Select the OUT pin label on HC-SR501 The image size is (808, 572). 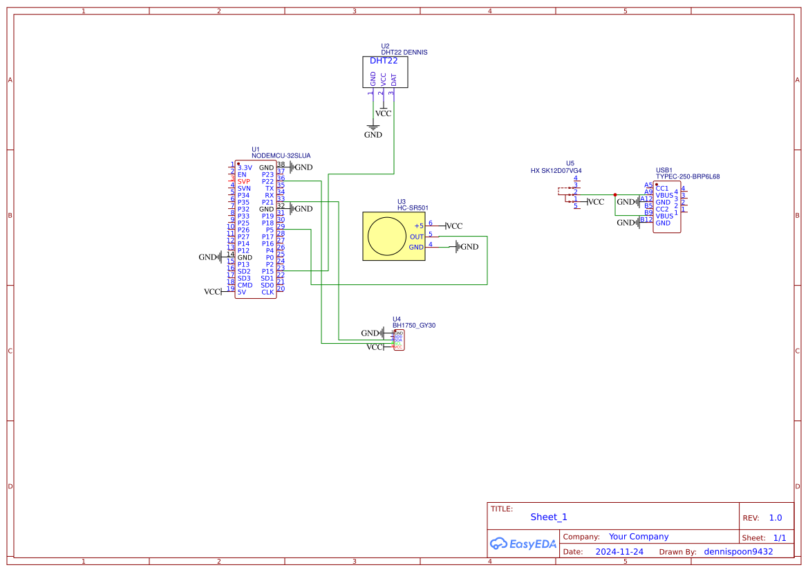click(416, 237)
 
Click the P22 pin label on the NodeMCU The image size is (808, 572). click(267, 181)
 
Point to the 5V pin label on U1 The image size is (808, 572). click(241, 292)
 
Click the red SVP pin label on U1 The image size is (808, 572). click(243, 181)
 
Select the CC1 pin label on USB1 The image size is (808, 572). click(661, 188)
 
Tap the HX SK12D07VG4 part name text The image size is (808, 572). click(556, 170)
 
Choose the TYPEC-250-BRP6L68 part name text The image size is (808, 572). click(688, 176)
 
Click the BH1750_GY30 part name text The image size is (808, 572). click(414, 324)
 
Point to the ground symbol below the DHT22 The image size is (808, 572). click(373, 127)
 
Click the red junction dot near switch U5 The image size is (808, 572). click(614, 194)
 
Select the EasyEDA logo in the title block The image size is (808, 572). click(523, 544)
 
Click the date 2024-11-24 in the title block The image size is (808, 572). click(619, 552)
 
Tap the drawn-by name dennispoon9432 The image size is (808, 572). click(738, 552)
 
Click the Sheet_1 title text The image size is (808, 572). click(549, 517)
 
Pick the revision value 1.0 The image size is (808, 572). click(776, 517)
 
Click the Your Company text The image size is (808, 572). click(639, 537)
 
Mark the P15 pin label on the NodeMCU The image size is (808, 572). click(267, 271)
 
